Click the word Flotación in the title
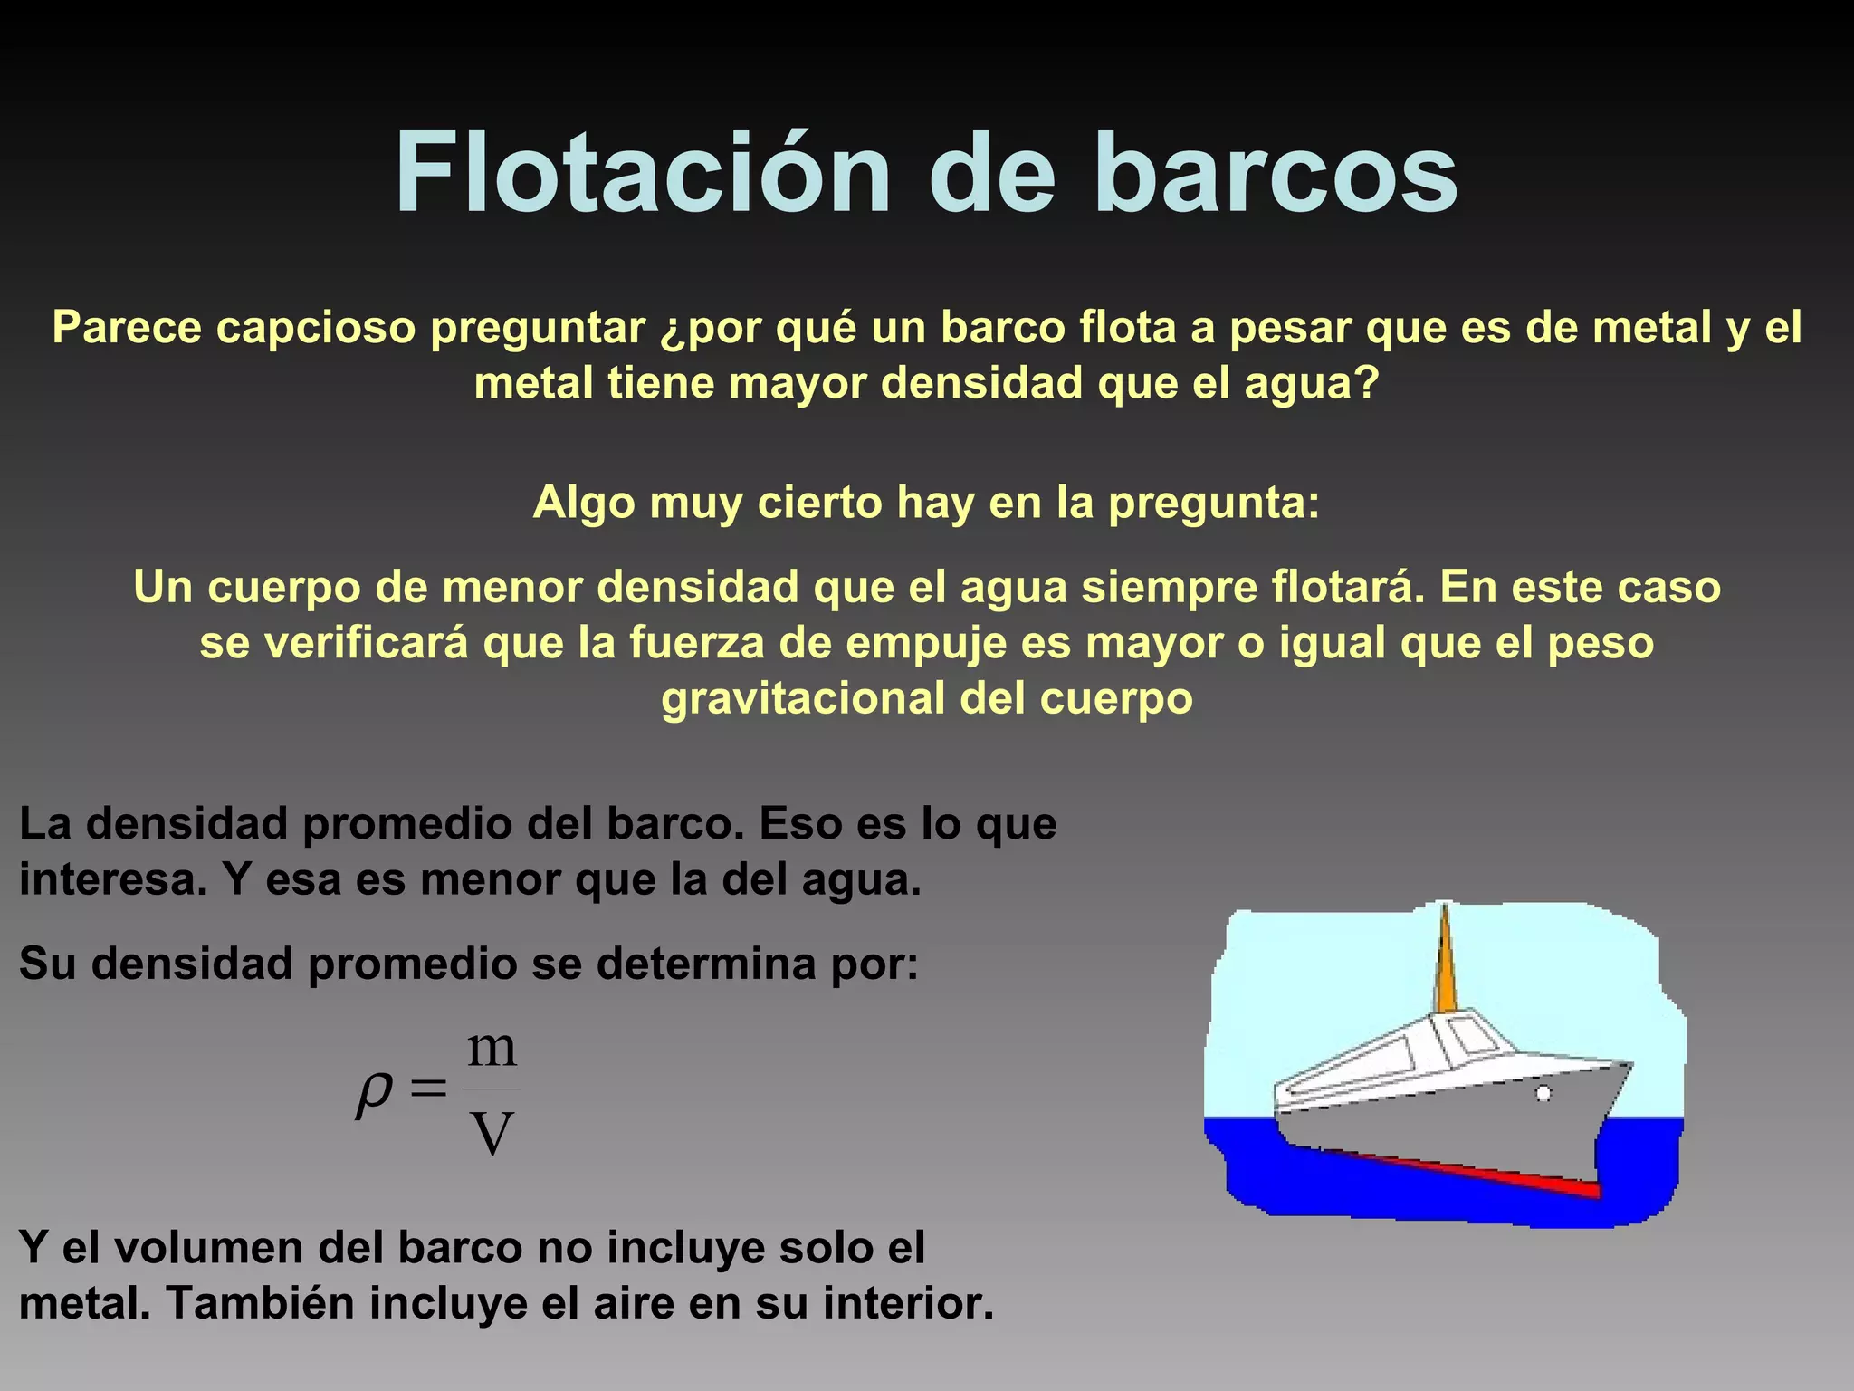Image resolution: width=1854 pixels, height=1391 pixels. (643, 172)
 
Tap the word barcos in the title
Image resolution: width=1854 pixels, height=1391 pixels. (1276, 172)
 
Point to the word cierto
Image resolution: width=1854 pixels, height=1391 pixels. (819, 502)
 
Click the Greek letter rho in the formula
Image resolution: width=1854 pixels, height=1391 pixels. (375, 1093)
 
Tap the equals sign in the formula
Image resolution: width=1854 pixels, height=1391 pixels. (428, 1089)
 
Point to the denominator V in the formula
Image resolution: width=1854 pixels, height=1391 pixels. (492, 1133)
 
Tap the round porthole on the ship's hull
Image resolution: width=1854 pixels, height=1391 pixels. (1543, 1093)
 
